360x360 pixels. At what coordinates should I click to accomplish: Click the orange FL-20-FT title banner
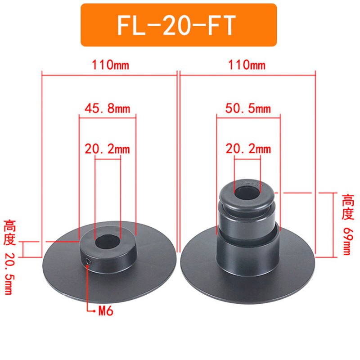coord(179,25)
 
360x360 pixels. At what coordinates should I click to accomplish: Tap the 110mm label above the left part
coord(110,65)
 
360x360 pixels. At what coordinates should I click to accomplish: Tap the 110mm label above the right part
coord(247,65)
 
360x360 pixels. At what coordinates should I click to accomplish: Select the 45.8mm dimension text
coord(107,108)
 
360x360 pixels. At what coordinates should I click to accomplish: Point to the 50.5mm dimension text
coord(248,108)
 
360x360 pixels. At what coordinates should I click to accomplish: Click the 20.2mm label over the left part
coord(107,149)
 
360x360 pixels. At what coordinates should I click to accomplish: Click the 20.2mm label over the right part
coord(248,148)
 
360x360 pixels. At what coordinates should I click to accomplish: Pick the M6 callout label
coord(106,311)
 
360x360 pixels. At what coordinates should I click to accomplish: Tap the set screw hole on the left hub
coord(88,261)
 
